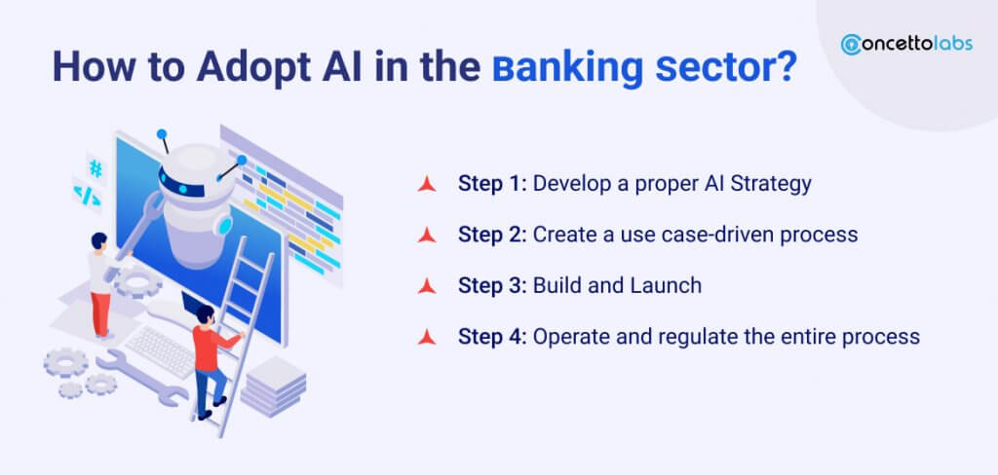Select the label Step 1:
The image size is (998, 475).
[492, 183]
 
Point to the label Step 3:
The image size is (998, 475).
[493, 285]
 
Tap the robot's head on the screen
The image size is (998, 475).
[200, 171]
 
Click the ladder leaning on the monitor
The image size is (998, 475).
[240, 321]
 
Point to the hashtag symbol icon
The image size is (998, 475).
[96, 168]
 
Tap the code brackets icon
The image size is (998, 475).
[87, 193]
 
